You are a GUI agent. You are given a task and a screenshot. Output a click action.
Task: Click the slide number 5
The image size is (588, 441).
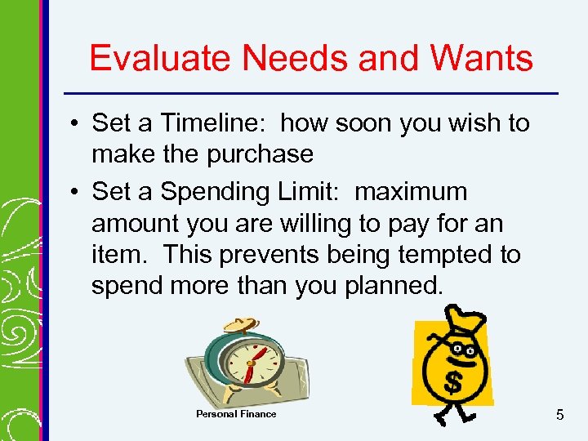click(x=559, y=415)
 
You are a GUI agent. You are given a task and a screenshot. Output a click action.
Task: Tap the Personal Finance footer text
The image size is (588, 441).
click(x=236, y=414)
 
